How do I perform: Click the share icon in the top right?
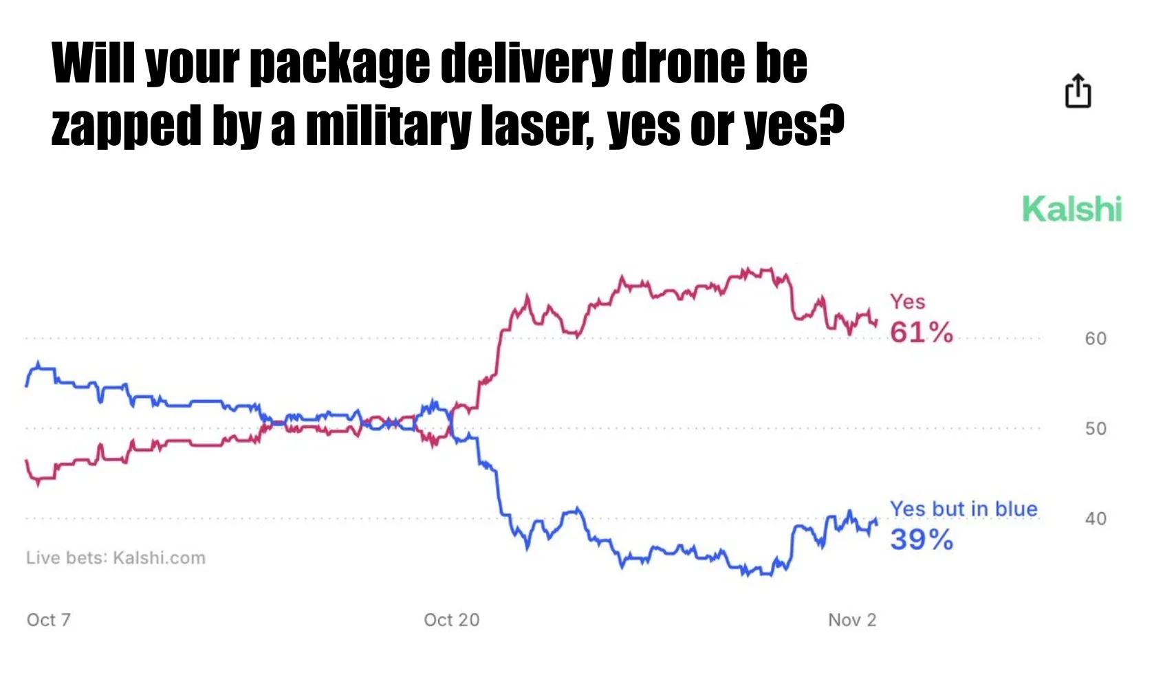(x=1078, y=91)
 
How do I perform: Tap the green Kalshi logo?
(x=1071, y=209)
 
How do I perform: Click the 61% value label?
(x=921, y=333)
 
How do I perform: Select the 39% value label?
(x=921, y=540)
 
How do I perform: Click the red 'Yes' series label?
(x=907, y=302)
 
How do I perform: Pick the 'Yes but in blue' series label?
(x=963, y=509)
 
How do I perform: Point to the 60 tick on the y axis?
(x=1096, y=339)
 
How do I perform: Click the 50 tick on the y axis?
(x=1096, y=429)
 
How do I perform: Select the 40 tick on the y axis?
(x=1096, y=519)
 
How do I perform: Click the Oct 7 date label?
(x=48, y=620)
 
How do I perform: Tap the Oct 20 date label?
(x=451, y=620)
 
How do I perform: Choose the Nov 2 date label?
(x=852, y=620)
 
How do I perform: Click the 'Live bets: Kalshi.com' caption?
(x=116, y=558)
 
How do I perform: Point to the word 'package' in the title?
(x=340, y=64)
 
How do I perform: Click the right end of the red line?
(x=876, y=321)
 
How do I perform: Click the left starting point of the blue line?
(x=26, y=386)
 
